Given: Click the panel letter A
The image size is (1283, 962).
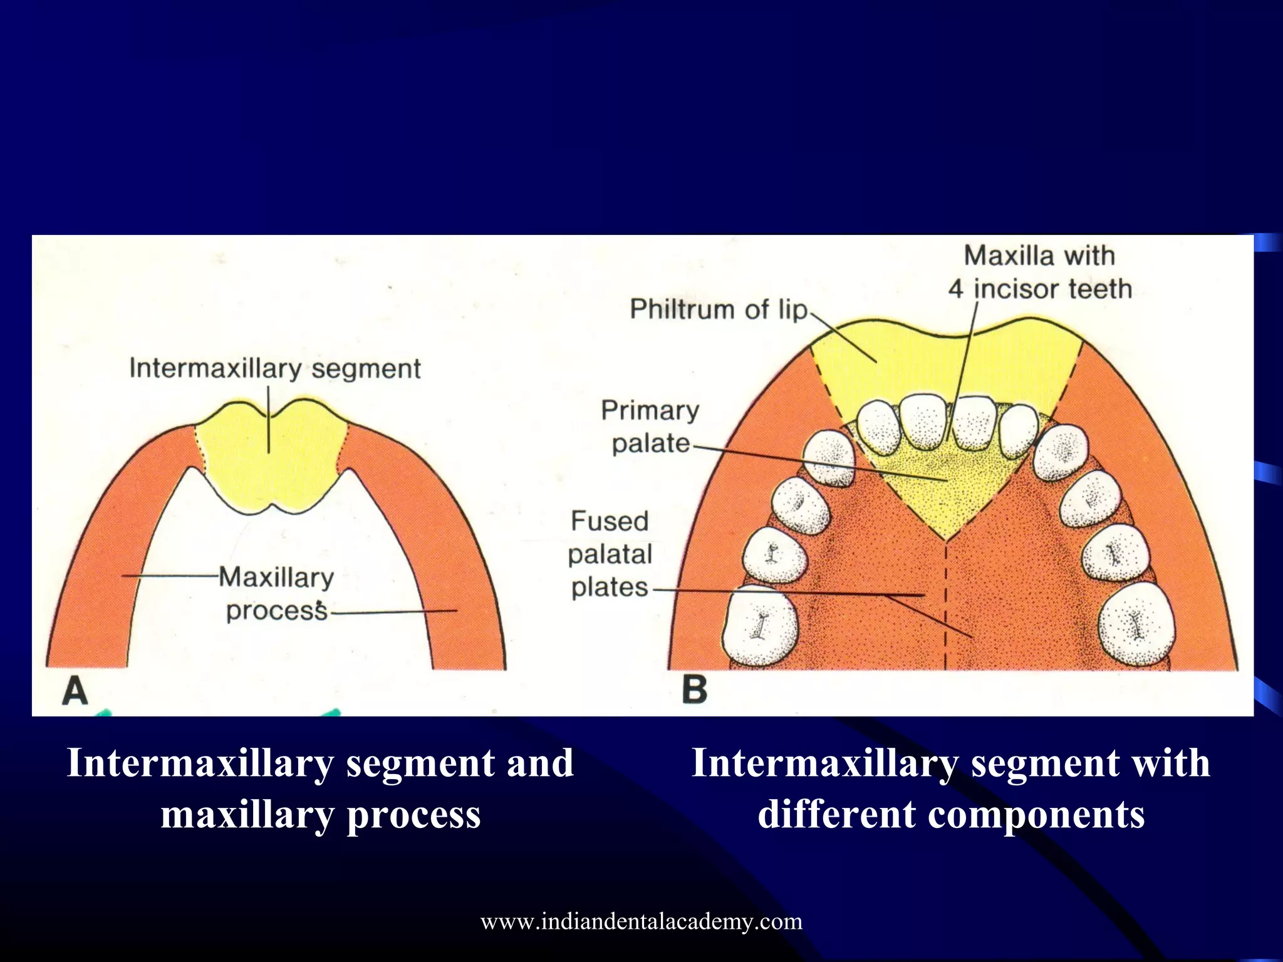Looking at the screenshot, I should [x=75, y=691].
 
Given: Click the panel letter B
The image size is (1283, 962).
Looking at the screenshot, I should [x=694, y=690].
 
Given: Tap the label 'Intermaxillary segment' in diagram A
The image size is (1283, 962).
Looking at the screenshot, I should [x=274, y=368].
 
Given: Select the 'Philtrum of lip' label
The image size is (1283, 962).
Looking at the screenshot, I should [x=719, y=309].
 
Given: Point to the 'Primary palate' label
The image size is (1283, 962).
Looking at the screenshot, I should [x=650, y=427].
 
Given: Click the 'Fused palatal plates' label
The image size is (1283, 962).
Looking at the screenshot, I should [x=610, y=554].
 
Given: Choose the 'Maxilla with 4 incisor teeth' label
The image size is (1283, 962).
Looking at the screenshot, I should [x=1039, y=272].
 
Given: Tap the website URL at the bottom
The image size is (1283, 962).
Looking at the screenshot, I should [x=641, y=921].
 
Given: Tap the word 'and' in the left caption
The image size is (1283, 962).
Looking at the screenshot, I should [x=539, y=763].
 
